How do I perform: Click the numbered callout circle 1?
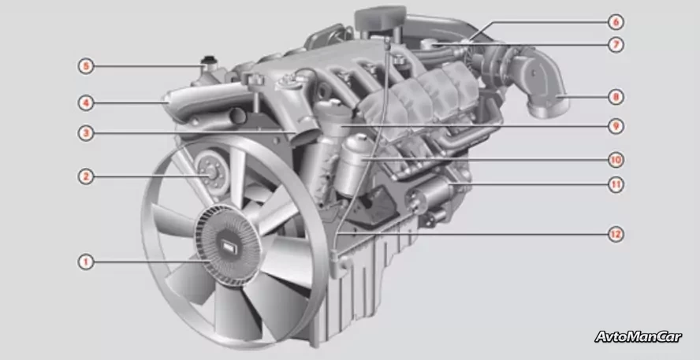[x=86, y=262]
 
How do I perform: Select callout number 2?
[x=86, y=176]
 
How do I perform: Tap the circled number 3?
[x=86, y=133]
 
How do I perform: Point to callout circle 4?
[x=86, y=103]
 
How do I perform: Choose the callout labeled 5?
[x=86, y=67]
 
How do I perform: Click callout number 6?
[x=616, y=22]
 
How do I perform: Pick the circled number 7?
[x=616, y=45]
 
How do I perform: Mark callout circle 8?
[x=616, y=97]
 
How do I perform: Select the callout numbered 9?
[x=616, y=126]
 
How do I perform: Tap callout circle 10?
[x=616, y=160]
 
